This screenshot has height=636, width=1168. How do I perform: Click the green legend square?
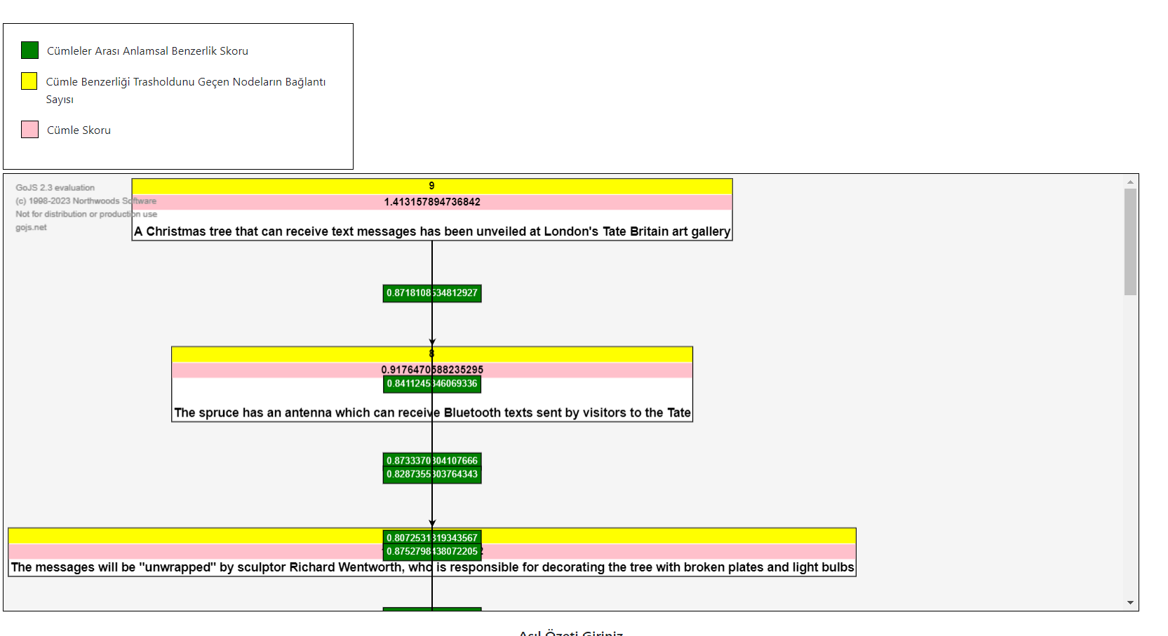[x=29, y=50]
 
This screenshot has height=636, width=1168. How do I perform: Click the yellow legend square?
[x=29, y=81]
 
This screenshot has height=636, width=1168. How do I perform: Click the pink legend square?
[x=29, y=130]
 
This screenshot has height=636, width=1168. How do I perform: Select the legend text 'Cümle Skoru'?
[x=79, y=130]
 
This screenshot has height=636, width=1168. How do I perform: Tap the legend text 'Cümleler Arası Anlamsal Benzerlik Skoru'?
[x=147, y=51]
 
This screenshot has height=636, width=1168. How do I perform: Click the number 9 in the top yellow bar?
[x=431, y=186]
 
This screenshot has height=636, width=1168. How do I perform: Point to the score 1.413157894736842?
[x=432, y=202]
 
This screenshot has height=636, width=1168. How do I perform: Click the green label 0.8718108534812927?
[x=432, y=293]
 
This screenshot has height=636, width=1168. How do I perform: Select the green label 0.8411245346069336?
[x=432, y=384]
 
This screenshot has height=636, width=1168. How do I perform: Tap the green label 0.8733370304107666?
[x=432, y=461]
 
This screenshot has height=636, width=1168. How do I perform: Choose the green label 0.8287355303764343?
[x=432, y=475]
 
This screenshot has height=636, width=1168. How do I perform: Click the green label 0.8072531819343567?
[x=432, y=538]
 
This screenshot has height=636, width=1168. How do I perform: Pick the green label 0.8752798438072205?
[x=432, y=552]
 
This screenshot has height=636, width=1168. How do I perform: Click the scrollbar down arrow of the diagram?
[x=1130, y=602]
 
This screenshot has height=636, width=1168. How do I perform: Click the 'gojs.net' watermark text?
[x=32, y=228]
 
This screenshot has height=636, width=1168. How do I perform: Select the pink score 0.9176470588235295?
[x=432, y=370]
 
